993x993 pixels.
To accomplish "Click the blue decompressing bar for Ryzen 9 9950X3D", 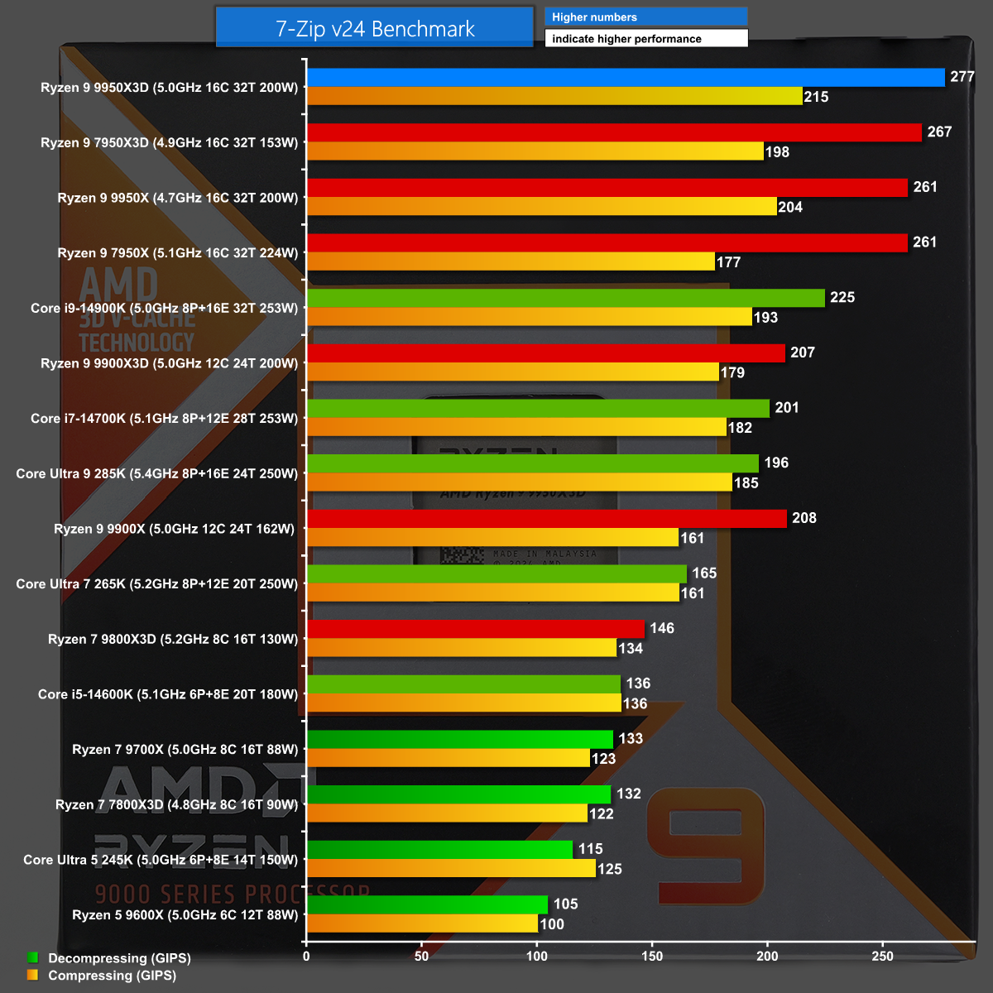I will [626, 78].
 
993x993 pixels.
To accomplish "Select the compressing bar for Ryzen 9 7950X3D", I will [535, 151].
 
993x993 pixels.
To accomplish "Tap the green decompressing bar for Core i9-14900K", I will [566, 298].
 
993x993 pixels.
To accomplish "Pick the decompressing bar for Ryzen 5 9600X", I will [427, 904].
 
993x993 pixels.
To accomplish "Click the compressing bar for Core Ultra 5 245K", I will [451, 869].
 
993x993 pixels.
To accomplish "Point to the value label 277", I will [962, 77].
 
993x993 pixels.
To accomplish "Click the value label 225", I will [842, 297].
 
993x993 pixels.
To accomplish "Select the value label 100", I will [552, 924].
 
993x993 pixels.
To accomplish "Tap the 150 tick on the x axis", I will [652, 957].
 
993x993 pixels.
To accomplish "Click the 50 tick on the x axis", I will [422, 957].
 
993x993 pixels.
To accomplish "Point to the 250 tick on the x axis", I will [882, 957].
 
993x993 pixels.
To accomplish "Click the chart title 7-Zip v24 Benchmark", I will [375, 29].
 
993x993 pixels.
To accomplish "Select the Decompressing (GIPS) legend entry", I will [119, 958].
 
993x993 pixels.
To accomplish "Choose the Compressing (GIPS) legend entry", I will [112, 976].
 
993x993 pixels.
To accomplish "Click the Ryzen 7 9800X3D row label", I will [173, 639].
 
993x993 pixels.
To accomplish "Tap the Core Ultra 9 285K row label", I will [157, 473].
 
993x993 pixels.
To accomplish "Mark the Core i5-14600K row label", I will [168, 694].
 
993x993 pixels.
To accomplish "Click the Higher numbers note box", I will [645, 17].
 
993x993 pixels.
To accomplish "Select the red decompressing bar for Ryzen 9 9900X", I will [546, 519].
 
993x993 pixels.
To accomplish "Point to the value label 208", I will [804, 518].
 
